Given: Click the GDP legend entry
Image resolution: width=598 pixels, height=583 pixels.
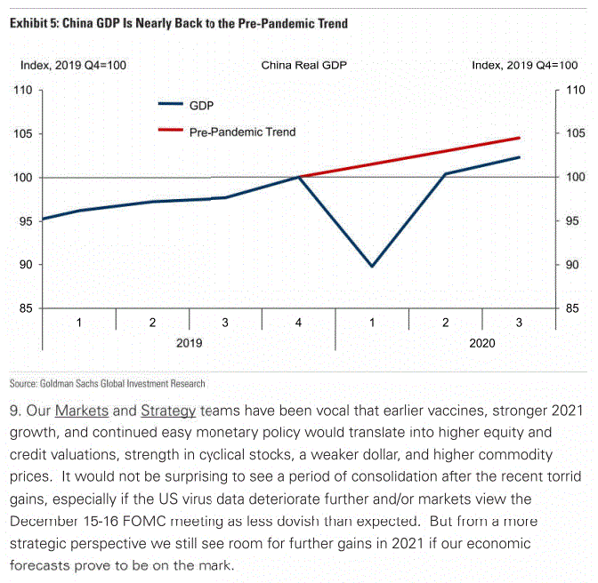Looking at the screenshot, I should click(x=202, y=105).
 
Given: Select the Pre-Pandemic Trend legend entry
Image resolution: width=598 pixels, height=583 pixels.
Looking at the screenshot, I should click(x=242, y=132).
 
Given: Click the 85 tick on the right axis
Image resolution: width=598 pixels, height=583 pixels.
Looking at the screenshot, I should click(x=574, y=308).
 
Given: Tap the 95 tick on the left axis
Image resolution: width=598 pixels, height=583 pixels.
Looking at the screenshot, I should click(x=24, y=221).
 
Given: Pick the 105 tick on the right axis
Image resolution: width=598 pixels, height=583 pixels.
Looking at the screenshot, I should click(x=575, y=134).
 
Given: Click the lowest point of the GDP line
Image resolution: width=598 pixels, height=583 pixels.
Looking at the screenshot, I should click(x=372, y=266).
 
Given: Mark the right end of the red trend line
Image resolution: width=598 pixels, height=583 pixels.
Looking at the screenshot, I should click(x=520, y=138).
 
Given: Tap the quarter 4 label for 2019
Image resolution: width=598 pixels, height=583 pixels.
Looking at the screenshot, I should click(x=299, y=323).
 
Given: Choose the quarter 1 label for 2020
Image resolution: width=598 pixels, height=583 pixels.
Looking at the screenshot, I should click(x=372, y=323).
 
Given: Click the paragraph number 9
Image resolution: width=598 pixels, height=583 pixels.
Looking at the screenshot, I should click(x=15, y=411).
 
